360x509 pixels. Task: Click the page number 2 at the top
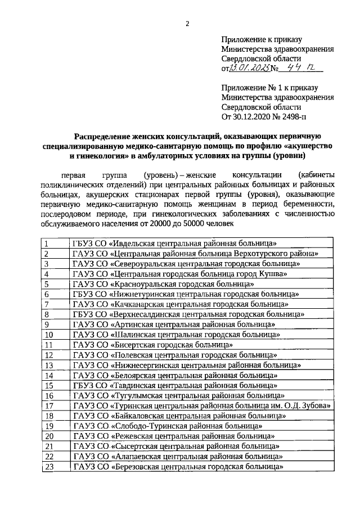coord(187,23)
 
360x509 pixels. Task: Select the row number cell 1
coord(55,244)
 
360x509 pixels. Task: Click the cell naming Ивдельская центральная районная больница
coord(176,244)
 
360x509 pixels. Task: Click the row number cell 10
coord(55,335)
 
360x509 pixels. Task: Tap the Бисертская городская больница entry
coord(152,345)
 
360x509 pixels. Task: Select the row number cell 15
coord(55,385)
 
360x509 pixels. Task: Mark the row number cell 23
coord(55,466)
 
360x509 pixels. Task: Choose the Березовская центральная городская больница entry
coord(177,466)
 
